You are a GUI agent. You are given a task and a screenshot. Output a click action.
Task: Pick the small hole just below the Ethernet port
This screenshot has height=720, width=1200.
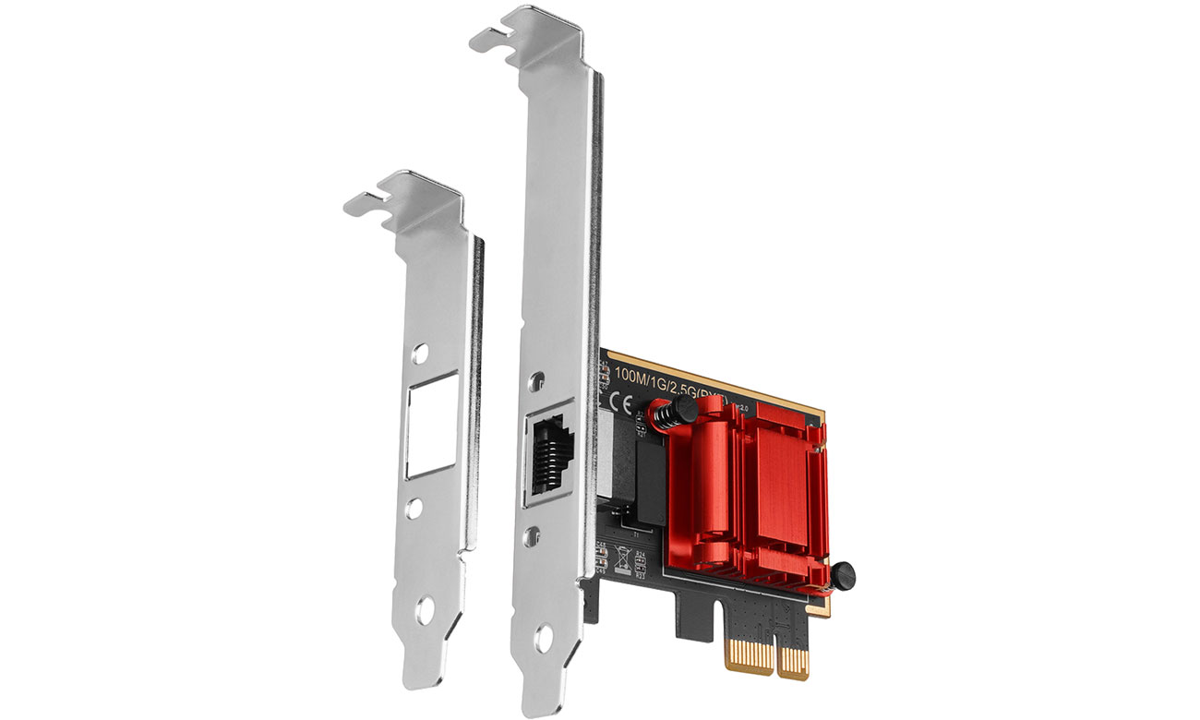click(534, 533)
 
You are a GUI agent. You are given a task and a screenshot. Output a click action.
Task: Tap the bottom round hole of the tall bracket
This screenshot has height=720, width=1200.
click(544, 636)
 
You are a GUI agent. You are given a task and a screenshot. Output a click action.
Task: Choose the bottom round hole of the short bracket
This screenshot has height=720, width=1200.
click(424, 609)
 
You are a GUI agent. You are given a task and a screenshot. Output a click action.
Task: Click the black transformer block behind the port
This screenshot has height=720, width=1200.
click(645, 480)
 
